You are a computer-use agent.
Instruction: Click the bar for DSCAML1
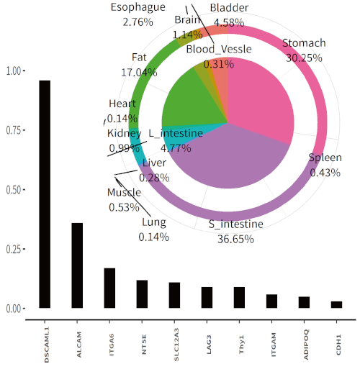click(x=45, y=194)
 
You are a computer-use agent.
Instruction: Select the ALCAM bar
click(x=77, y=265)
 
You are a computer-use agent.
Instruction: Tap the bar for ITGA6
click(x=109, y=288)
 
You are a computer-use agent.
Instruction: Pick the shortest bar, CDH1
click(x=336, y=304)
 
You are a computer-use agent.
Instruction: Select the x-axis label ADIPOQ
click(x=304, y=344)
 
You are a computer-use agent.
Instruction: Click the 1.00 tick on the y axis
click(x=14, y=71)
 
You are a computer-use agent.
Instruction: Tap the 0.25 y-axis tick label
click(x=14, y=249)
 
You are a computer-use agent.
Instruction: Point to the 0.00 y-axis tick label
click(x=14, y=309)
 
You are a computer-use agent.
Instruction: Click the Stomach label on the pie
click(x=304, y=44)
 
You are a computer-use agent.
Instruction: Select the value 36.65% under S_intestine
click(x=235, y=238)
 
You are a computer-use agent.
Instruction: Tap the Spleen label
click(x=325, y=158)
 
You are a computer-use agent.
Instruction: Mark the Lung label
click(x=155, y=222)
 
